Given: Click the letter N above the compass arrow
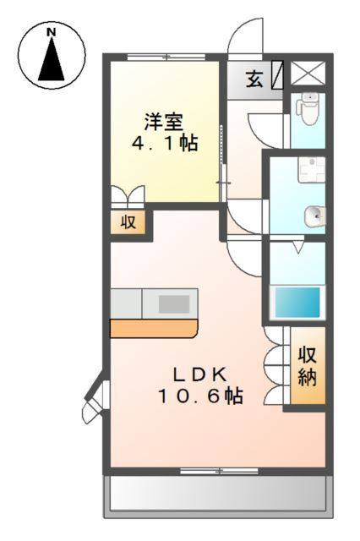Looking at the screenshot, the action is (x=52, y=32).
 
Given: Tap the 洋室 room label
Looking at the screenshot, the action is (x=163, y=122).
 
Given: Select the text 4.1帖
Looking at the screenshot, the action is (x=165, y=143).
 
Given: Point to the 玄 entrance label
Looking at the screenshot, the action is (x=254, y=79).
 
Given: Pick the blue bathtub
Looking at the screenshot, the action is (x=297, y=303).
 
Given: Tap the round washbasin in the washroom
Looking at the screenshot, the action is (x=314, y=216).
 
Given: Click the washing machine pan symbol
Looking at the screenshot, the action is (x=311, y=169).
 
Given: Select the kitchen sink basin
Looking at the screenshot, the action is (x=174, y=304).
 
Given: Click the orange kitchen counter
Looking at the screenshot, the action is (x=154, y=329).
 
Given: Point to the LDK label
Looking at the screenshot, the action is (x=200, y=375).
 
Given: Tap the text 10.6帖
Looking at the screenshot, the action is (x=200, y=396).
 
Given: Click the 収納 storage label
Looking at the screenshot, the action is (x=308, y=366).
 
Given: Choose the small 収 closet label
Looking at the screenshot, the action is (x=128, y=222).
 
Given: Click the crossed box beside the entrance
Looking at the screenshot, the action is (x=308, y=73).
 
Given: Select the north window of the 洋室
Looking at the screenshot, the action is (x=166, y=57).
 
